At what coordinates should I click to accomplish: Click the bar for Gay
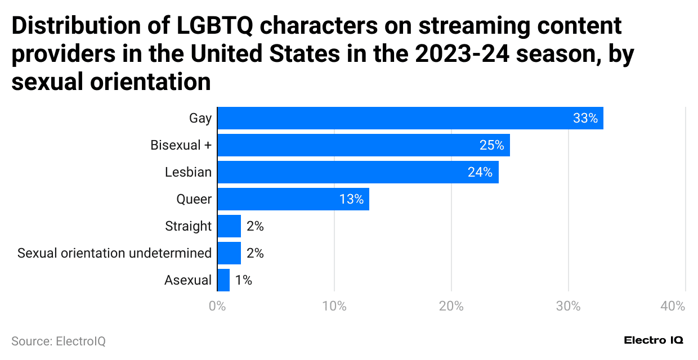[410, 118]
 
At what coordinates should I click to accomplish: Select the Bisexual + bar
[363, 145]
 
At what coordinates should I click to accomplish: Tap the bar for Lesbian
[357, 172]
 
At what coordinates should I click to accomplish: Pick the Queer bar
[293, 199]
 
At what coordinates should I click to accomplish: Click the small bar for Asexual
[223, 280]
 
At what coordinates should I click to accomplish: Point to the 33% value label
[585, 118]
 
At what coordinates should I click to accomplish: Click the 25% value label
[491, 145]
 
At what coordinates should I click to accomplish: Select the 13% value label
[351, 199]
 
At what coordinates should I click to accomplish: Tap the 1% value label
[244, 280]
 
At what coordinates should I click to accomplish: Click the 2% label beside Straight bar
[255, 226]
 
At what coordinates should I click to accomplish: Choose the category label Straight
[188, 226]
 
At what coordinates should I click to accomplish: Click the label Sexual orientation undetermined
[114, 253]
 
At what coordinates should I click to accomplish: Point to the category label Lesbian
[188, 172]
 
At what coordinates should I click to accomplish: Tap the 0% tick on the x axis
[217, 307]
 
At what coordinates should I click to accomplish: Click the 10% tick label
[334, 307]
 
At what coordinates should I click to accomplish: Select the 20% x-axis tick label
[451, 307]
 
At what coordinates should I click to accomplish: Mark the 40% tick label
[673, 307]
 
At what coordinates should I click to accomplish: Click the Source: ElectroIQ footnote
[59, 341]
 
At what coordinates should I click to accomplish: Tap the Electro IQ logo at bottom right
[654, 340]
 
